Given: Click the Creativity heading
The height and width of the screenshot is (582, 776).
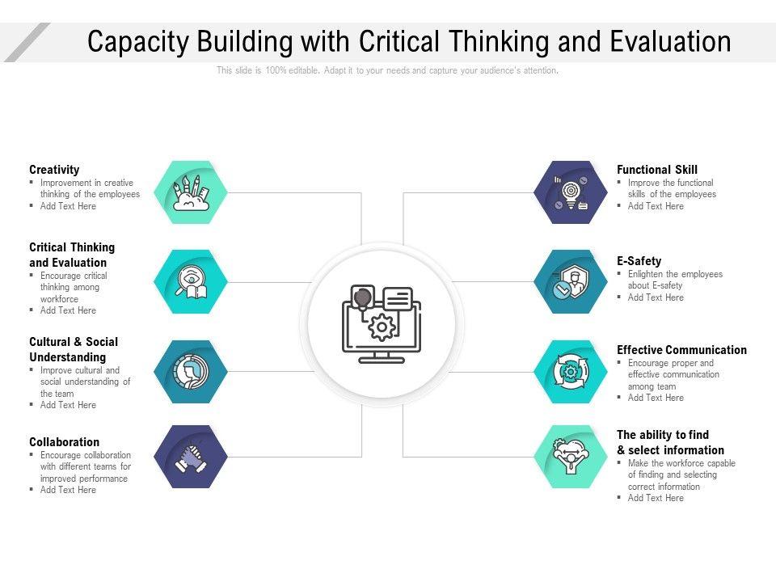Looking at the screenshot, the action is tap(54, 170).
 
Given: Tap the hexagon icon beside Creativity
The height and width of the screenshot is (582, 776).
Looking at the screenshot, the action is tap(192, 192).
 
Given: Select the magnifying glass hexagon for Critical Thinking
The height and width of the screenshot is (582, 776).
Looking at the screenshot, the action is tap(192, 281).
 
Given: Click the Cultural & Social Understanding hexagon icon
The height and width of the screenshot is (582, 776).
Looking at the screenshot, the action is tap(192, 372).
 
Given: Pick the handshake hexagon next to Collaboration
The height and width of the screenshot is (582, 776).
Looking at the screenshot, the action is tap(192, 457).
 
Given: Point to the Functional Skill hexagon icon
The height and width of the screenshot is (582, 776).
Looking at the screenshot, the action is tap(571, 192).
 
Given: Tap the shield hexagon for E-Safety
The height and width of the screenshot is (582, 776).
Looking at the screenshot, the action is tap(571, 281).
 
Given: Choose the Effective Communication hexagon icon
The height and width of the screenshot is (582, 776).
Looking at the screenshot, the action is tap(571, 372).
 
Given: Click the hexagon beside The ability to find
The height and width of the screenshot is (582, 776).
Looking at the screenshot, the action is tap(571, 457).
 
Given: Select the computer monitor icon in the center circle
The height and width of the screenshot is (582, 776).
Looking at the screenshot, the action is tap(382, 324).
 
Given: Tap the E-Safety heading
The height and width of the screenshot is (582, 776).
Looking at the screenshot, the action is tap(639, 261).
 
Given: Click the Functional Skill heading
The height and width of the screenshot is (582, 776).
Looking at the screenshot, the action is tap(656, 170).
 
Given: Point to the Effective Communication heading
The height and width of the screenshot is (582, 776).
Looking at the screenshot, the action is tap(681, 350).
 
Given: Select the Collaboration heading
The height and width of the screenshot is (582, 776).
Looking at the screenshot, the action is tap(64, 442).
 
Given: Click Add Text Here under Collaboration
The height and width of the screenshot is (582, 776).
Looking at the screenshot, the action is tap(68, 490).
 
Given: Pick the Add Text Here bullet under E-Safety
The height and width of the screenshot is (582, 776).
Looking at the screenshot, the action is tap(656, 297).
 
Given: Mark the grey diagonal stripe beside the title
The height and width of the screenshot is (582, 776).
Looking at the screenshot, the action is tap(27, 42).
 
